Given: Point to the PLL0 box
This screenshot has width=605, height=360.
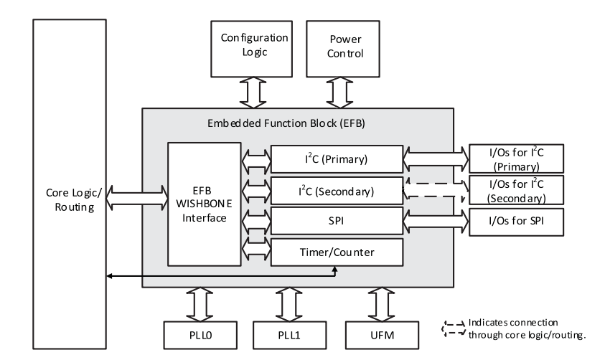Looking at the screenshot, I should click(x=200, y=335).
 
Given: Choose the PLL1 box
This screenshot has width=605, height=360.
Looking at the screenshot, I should click(x=291, y=335).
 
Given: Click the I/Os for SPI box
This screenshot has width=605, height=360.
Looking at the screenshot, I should click(x=515, y=222).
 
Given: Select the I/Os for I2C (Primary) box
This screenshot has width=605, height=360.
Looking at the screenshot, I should click(x=515, y=158).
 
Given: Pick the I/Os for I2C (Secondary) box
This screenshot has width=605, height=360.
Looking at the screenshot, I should click(x=515, y=190).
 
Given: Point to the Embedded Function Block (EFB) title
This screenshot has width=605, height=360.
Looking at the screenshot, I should click(x=296, y=123).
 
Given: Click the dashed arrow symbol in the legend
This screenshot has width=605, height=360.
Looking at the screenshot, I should click(x=451, y=326).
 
